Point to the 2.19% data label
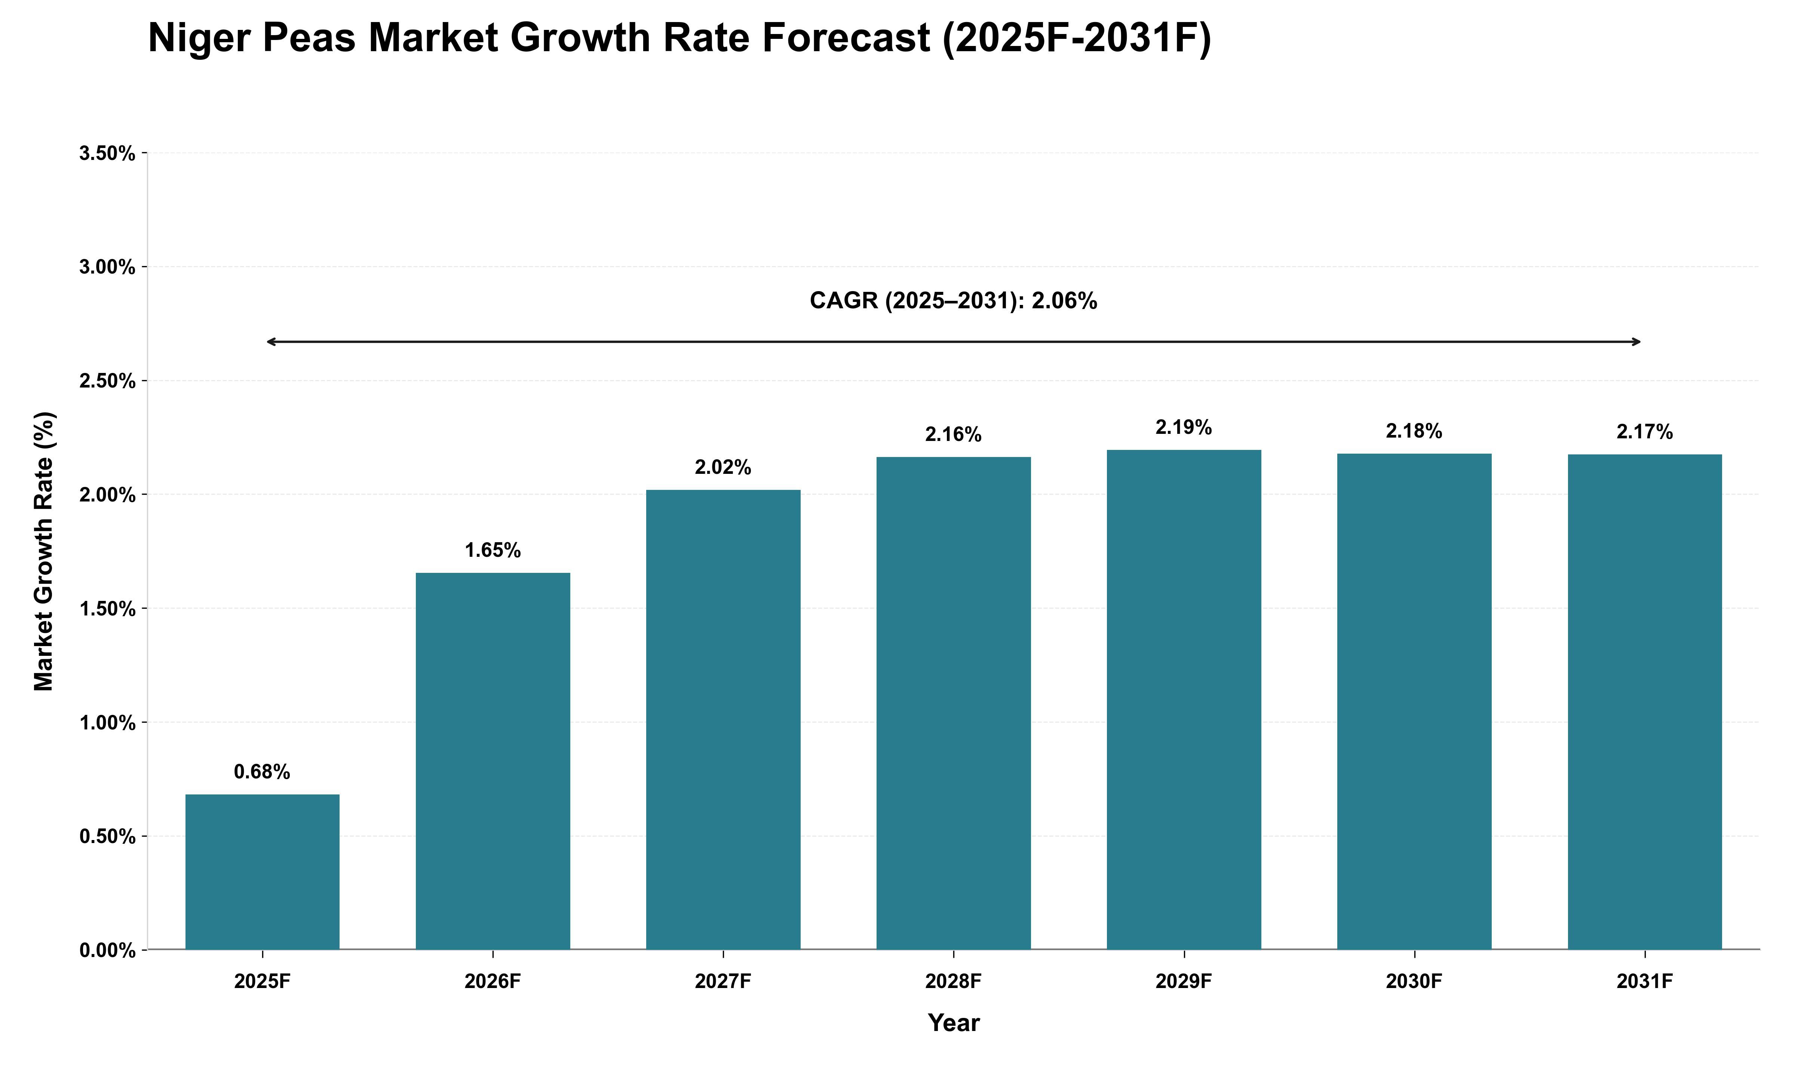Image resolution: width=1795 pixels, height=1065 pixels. pos(1184,428)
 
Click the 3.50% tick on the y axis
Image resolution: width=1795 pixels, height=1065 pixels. pos(108,154)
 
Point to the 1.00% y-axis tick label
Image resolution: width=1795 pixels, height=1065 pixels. pos(108,723)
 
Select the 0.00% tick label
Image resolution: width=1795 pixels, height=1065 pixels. pos(108,951)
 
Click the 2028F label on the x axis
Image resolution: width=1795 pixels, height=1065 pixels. pos(954,981)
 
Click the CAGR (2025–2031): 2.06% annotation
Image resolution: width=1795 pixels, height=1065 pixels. pos(954,301)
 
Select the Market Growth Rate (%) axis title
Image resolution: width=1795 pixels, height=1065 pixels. pos(44,551)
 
